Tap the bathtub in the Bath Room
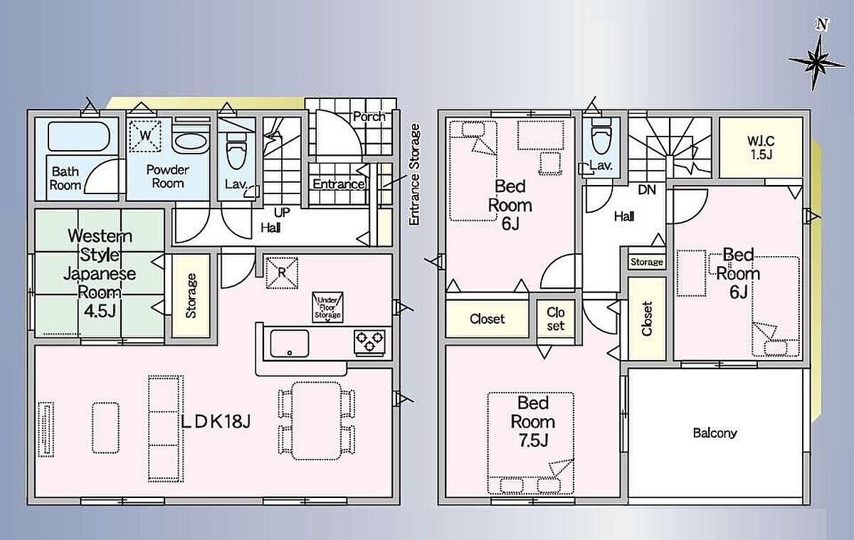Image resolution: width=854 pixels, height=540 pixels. pos(79,136)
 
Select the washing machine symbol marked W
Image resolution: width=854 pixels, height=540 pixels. pos(145,136)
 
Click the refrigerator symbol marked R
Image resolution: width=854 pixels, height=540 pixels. pos(282,272)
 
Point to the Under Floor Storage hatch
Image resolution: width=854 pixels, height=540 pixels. pos(327,307)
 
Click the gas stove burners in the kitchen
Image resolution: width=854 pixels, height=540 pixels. pos(369,341)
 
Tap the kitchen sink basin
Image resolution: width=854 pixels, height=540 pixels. pos(290,344)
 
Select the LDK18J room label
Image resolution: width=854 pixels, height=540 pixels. pos(216,421)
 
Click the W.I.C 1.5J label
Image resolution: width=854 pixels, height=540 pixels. pos(761,148)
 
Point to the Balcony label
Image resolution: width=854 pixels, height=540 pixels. pos(715,433)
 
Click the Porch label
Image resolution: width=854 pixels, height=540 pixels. pos(369,116)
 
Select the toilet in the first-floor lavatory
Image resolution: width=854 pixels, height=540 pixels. pos(236,151)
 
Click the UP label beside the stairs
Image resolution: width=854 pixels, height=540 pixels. pos(282,212)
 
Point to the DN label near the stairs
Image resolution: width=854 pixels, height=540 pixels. pos(647,190)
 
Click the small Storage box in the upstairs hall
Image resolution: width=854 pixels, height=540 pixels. pos(647,261)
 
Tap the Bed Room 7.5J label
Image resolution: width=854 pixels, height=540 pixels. pos(533,421)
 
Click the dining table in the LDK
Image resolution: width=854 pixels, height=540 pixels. pos(316,421)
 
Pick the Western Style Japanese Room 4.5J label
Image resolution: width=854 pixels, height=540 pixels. pos(100,273)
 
